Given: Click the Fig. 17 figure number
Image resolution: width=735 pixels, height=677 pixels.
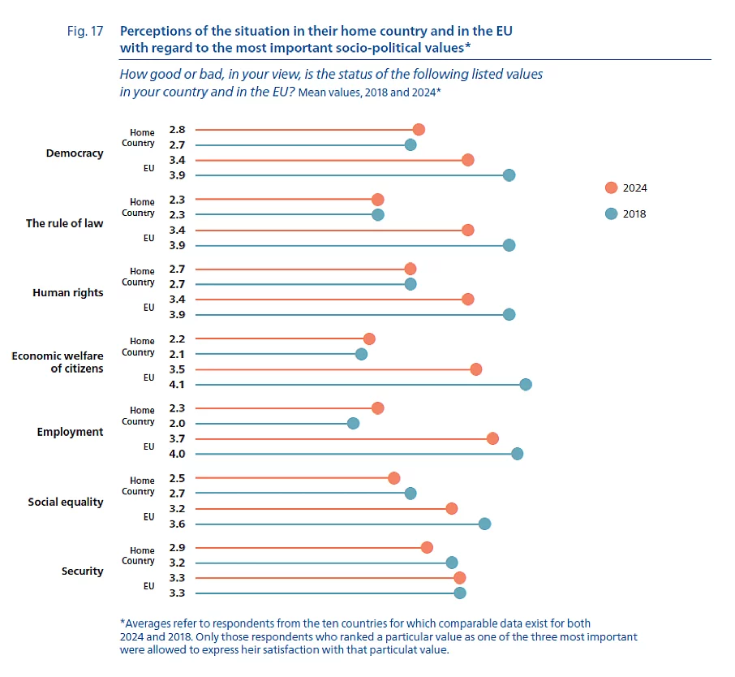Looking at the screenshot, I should coord(84,32).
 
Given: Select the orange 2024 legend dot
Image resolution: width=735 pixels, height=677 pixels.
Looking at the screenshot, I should coord(611,188).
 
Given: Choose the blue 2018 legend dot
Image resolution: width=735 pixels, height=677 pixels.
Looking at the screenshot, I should coord(611,214).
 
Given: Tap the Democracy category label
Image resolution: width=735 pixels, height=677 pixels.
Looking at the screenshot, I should coord(75,153).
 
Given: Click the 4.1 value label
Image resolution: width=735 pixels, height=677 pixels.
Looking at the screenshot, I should coord(177,385).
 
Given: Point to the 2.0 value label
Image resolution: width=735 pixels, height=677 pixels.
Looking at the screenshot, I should coord(177,424).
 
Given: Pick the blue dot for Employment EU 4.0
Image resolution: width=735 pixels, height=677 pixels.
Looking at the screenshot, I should coord(518,454).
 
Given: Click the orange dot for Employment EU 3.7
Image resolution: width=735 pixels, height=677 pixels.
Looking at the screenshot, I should coord(492,438).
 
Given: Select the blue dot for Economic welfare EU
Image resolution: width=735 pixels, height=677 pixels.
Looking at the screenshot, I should coord(526,385).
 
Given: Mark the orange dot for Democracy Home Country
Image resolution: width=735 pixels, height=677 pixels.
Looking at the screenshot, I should coord(419,130).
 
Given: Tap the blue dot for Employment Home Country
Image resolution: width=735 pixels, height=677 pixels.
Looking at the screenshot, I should coord(353,424).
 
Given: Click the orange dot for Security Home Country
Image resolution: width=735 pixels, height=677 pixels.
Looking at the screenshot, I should coord(428,547).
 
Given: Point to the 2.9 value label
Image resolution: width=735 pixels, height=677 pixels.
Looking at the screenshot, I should coord(177,547).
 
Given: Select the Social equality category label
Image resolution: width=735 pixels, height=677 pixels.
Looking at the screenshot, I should coord(66,502).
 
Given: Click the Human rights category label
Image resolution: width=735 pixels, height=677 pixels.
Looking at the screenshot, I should coord(68,292).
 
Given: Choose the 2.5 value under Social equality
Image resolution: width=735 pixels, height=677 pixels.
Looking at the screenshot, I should coord(177,477).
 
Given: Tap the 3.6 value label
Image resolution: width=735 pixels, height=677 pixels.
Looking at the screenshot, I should coord(177,524).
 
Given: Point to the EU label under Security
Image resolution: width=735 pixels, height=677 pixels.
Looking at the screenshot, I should coord(148,585).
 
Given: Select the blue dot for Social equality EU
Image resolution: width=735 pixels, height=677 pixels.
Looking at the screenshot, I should coord(484,524).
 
